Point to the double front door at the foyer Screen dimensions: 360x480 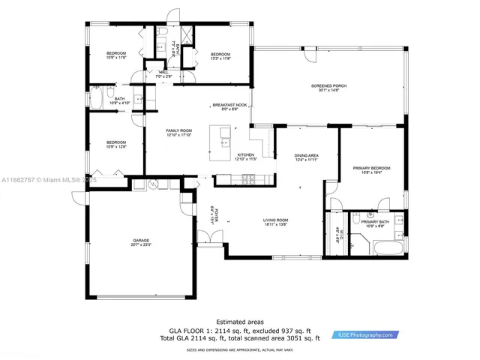click(x=209, y=238)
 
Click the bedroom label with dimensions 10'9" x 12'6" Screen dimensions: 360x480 click(x=115, y=144)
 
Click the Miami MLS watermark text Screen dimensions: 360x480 click(x=45, y=180)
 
